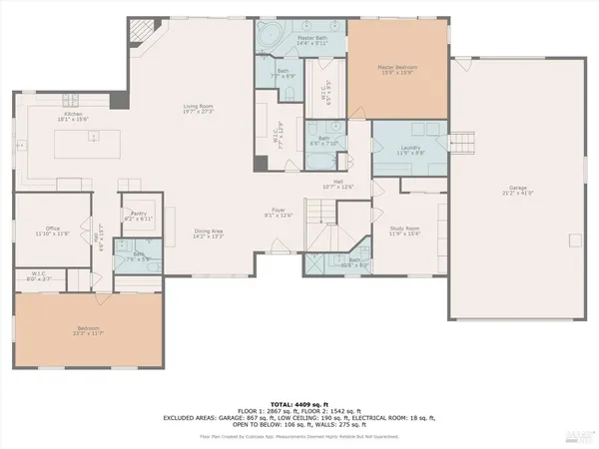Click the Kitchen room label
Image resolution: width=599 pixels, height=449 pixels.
[x=73, y=117]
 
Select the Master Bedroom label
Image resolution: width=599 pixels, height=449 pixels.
[x=395, y=69]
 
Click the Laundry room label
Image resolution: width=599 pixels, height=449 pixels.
[x=409, y=152]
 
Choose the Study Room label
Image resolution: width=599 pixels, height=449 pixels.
[x=404, y=230]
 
